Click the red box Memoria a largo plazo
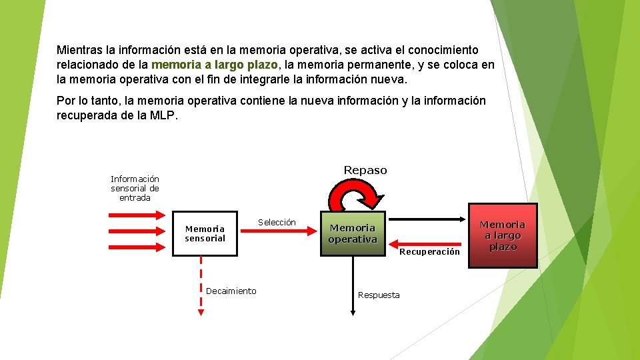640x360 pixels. coord(503,235)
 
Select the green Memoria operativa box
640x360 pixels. coord(353,234)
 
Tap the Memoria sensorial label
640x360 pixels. coord(205,233)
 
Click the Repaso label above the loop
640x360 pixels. coord(365,170)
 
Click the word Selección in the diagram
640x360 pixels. coord(277,222)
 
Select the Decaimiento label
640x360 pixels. coord(231,291)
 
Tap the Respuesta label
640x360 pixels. coord(379,295)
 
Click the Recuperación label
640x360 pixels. coord(429,251)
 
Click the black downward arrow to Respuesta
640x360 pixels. coord(353,287)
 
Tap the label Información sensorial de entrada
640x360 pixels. coord(135,188)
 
